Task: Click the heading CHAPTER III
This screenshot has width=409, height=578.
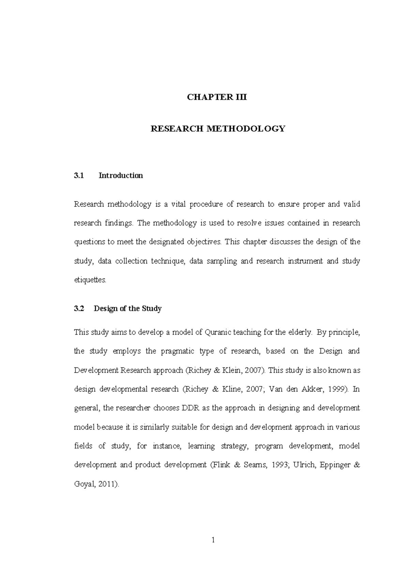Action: [x=217, y=97]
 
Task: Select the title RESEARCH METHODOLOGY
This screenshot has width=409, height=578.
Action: [x=217, y=129]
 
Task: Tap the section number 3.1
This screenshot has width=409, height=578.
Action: [x=78, y=176]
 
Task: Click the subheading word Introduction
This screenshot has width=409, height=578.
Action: [x=121, y=176]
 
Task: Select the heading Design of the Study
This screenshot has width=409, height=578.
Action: [x=127, y=309]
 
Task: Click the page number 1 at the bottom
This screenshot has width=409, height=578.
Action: [x=213, y=540]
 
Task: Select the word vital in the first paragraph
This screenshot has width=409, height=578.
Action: [x=178, y=204]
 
